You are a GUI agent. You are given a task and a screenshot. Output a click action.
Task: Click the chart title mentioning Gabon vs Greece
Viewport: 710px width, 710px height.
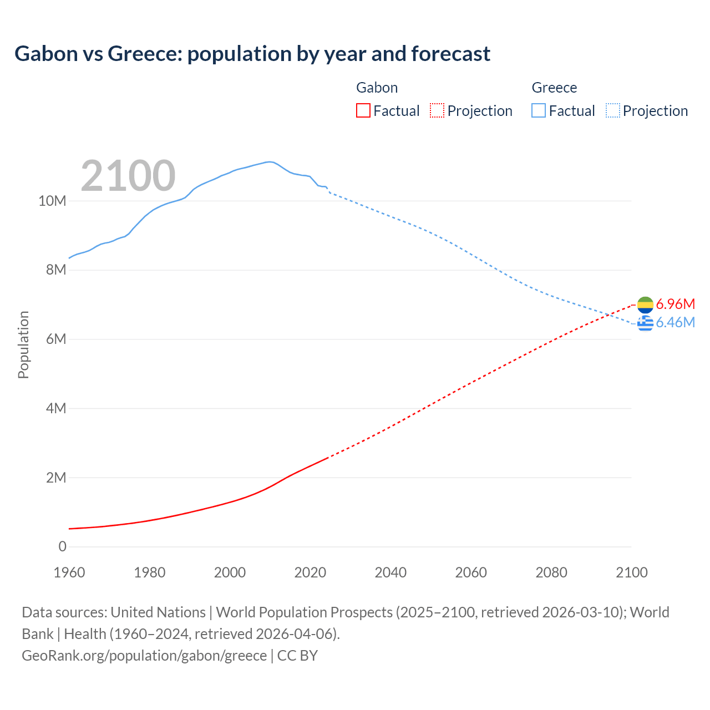[252, 54]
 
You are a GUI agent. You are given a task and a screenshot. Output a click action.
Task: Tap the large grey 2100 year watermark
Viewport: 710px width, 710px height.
[128, 176]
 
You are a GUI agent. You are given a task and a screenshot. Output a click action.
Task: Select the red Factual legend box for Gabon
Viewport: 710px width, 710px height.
[363, 111]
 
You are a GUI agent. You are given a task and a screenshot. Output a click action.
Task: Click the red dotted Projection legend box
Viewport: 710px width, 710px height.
[437, 111]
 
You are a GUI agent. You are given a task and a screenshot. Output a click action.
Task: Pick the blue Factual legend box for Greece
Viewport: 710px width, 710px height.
[539, 111]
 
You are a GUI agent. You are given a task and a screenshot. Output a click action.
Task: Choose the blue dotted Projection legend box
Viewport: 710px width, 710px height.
[612, 111]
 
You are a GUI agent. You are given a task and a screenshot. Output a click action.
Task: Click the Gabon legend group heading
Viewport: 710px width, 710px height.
[377, 88]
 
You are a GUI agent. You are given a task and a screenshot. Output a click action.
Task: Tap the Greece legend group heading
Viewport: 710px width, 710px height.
[554, 88]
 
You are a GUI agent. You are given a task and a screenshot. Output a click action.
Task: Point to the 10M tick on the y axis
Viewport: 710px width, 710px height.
[52, 201]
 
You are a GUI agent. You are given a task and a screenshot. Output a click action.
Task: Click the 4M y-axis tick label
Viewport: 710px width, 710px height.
[56, 409]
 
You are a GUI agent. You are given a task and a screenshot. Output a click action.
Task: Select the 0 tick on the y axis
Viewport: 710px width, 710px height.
[62, 547]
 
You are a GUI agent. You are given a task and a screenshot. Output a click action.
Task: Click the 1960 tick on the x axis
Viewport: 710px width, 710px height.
[69, 572]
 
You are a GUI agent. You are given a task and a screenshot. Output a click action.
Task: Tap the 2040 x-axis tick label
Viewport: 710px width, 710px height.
[390, 572]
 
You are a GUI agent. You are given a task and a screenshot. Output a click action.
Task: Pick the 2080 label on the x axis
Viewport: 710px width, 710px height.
[551, 572]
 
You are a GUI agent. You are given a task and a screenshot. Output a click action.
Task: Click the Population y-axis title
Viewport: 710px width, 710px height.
[23, 345]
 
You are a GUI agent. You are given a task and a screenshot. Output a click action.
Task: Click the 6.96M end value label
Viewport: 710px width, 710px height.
[675, 304]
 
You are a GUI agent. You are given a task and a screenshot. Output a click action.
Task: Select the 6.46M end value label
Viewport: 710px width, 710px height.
[675, 322]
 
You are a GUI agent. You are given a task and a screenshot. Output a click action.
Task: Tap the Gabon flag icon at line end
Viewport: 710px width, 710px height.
[645, 305]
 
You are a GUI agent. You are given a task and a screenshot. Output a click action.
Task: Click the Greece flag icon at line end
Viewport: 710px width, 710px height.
[645, 323]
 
